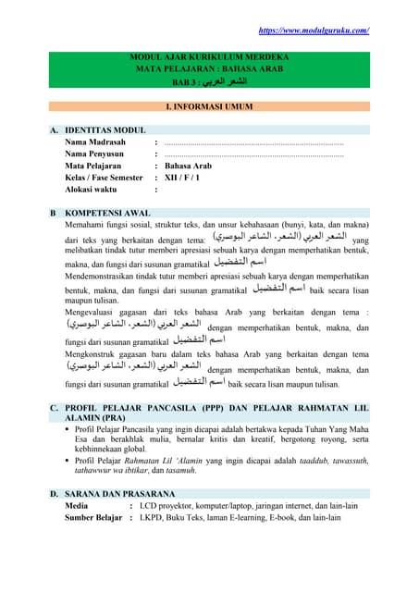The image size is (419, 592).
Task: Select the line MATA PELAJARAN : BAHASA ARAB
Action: [x=209, y=69]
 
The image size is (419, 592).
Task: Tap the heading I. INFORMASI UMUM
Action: [x=209, y=107]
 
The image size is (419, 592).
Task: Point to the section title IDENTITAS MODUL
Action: [x=105, y=131]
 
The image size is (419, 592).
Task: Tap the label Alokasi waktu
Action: [x=92, y=189]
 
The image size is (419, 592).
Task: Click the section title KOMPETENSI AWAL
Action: [x=109, y=212]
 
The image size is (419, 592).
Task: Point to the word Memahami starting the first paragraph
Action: [x=87, y=224]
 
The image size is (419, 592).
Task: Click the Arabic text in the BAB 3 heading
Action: [x=224, y=81]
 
